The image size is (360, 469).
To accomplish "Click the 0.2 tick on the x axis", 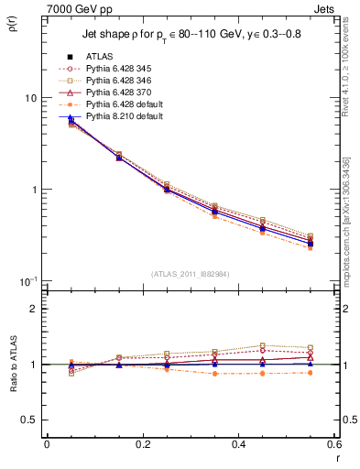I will pos(142,444).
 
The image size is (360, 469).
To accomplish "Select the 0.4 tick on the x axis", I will pos(238,444).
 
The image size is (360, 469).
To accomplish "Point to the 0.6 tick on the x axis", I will pos(333,444).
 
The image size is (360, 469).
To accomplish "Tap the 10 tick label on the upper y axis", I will pos(30,98).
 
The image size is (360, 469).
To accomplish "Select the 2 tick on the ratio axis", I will pos(34,309).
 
